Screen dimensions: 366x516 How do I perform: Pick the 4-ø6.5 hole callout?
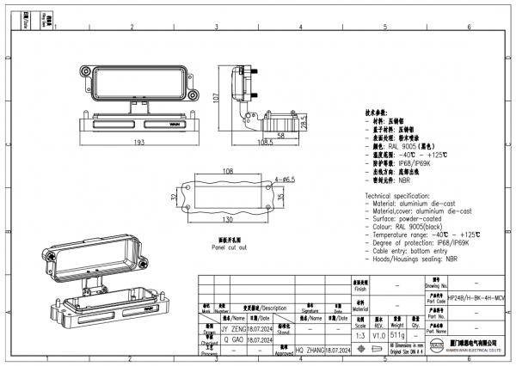pyautogui.click(x=285, y=179)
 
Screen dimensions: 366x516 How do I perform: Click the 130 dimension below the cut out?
pyautogui.click(x=228, y=220)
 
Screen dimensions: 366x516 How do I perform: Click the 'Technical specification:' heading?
pyautogui.click(x=403, y=197)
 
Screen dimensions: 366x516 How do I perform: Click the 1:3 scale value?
pyautogui.click(x=360, y=336)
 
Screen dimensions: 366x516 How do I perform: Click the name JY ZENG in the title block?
pyautogui.click(x=234, y=328)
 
